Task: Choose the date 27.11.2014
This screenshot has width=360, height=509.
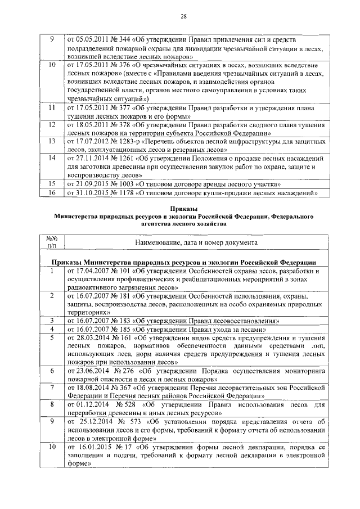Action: pyautogui.click(x=92, y=159)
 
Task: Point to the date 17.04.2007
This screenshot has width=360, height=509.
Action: pyautogui.click(x=92, y=271)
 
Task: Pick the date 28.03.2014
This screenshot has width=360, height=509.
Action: pyautogui.click(x=92, y=337)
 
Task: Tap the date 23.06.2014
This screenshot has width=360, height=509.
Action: pyautogui.click(x=92, y=371)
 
